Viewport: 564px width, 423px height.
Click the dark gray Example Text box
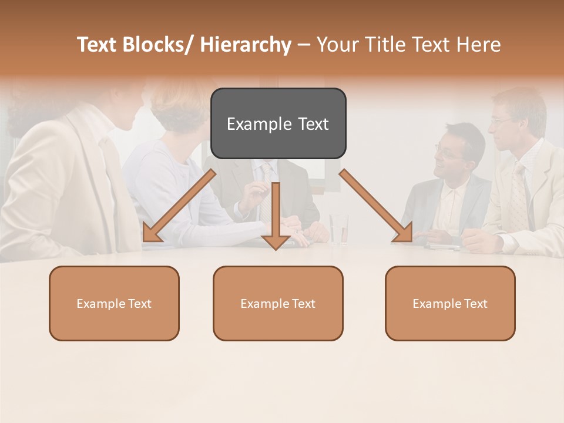(x=278, y=123)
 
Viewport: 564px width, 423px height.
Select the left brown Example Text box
(x=114, y=303)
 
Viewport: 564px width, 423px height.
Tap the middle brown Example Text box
(x=278, y=303)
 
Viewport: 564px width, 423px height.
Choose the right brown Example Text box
(x=450, y=303)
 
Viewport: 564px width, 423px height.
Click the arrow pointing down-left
(x=179, y=206)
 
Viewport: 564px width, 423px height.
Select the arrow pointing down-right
(x=376, y=206)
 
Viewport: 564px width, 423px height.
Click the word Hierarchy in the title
(x=246, y=45)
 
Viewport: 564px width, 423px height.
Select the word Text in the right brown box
(x=475, y=303)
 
